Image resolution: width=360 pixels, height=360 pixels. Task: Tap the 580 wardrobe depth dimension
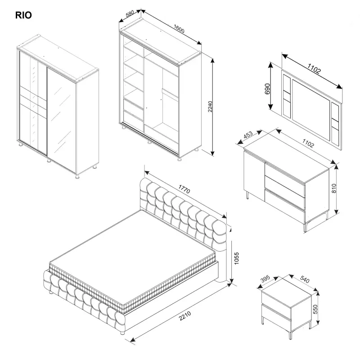tap(131, 14)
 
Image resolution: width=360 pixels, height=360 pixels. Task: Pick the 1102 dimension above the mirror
tap(314, 69)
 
